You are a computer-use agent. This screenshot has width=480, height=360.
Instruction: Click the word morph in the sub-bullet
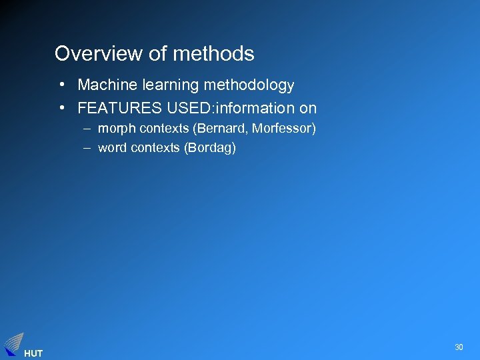point(117,128)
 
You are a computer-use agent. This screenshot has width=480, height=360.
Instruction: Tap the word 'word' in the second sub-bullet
point(113,147)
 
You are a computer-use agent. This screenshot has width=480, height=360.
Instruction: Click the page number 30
point(459,347)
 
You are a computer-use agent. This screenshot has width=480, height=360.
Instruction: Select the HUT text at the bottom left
point(33,353)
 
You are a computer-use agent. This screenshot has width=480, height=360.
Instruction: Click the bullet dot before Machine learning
point(61,85)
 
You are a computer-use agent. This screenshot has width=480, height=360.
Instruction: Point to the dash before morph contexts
point(87,128)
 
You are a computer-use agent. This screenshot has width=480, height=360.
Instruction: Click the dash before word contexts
point(87,147)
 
